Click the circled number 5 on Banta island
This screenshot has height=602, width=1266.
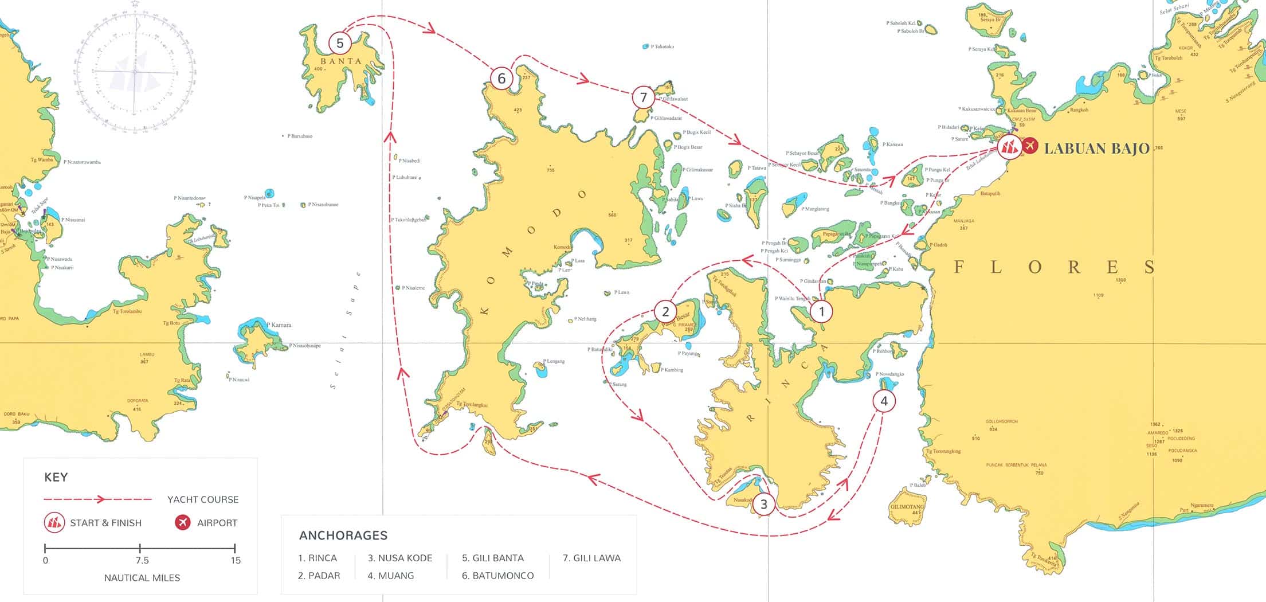pyautogui.click(x=340, y=43)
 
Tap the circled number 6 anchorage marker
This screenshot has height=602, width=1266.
pyautogui.click(x=501, y=78)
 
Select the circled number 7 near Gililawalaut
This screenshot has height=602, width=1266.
pyautogui.click(x=643, y=97)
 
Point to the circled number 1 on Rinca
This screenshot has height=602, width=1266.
pyautogui.click(x=821, y=311)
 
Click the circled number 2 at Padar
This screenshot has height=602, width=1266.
pyautogui.click(x=665, y=311)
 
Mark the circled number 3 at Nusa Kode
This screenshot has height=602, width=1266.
pyautogui.click(x=763, y=505)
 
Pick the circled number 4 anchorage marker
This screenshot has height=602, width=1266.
pyautogui.click(x=884, y=401)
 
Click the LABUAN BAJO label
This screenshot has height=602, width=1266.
pyautogui.click(x=1096, y=148)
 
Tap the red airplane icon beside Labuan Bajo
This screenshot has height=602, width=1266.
pyautogui.click(x=1030, y=146)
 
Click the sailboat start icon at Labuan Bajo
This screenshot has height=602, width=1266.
pyautogui.click(x=1009, y=147)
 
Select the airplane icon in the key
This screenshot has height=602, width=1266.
pyautogui.click(x=183, y=522)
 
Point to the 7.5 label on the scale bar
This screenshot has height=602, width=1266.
pyautogui.click(x=142, y=560)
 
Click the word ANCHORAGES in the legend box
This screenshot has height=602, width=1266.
pyautogui.click(x=343, y=535)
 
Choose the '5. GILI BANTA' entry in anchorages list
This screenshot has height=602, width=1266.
pyautogui.click(x=493, y=558)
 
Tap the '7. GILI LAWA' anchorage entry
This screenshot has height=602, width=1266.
pyautogui.click(x=591, y=558)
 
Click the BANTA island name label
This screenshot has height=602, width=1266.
pyautogui.click(x=341, y=61)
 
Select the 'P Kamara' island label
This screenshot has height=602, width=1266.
pyautogui.click(x=279, y=325)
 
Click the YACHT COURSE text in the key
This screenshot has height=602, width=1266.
pyautogui.click(x=203, y=499)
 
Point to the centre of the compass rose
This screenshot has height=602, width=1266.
pyautogui.click(x=135, y=72)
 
